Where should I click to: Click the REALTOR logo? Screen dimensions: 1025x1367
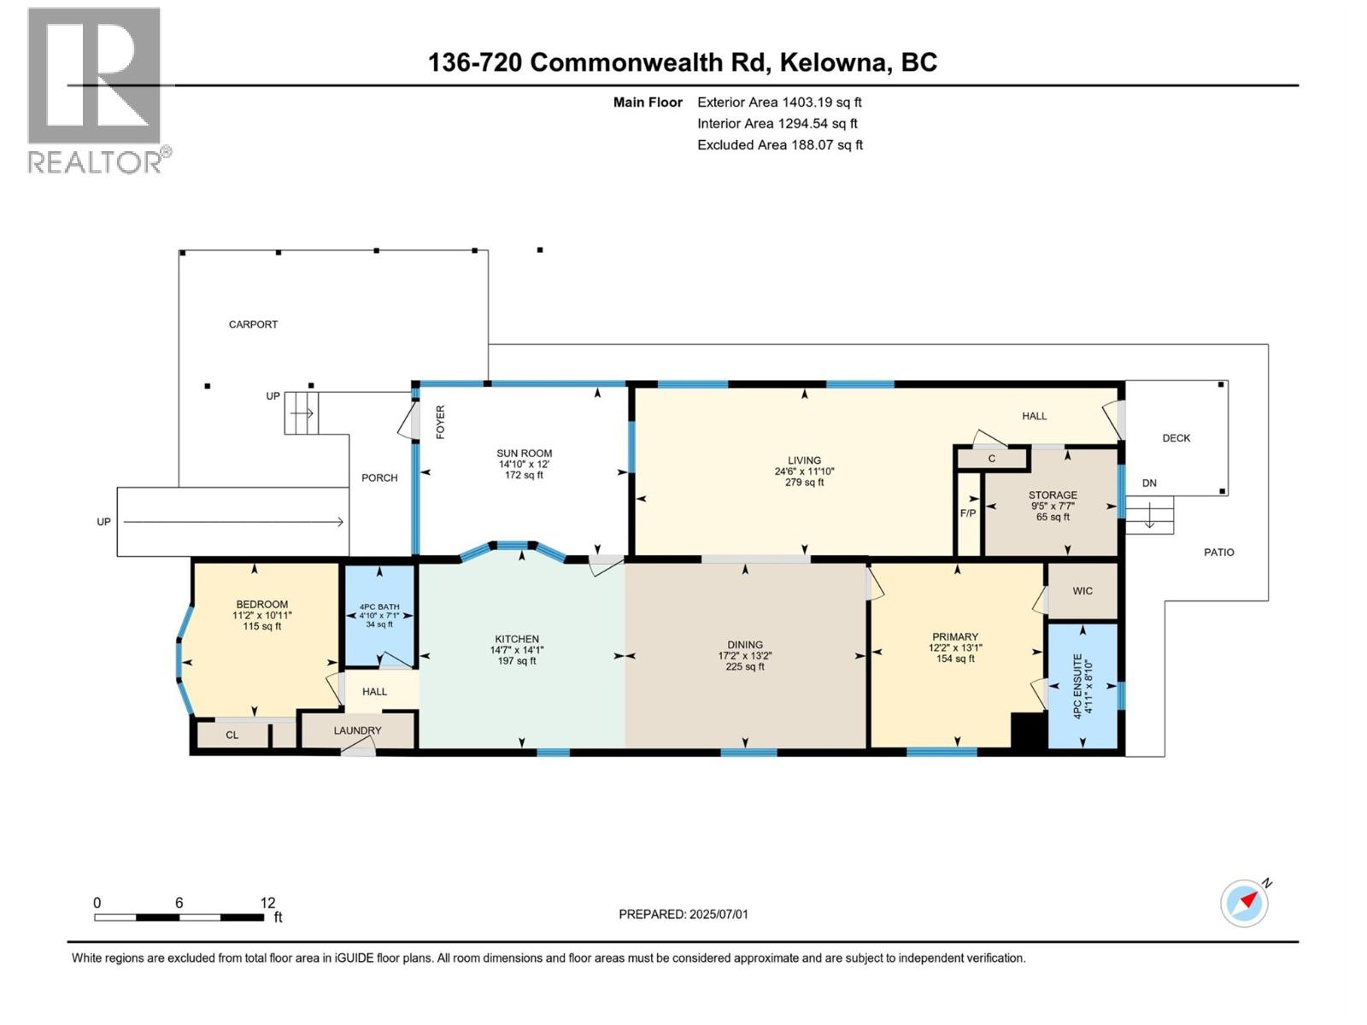click(95, 89)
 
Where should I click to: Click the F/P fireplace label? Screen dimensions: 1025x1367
click(968, 513)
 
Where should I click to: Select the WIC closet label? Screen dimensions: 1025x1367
click(1082, 591)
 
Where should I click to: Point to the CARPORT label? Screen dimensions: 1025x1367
click(253, 325)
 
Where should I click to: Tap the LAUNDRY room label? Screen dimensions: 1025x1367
click(357, 730)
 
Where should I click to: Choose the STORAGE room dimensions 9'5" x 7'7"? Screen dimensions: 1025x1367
click(1053, 506)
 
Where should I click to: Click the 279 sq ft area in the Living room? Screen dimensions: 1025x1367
click(804, 483)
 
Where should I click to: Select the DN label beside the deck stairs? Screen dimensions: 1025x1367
click(1149, 483)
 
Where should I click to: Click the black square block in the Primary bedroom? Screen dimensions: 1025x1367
click(1028, 730)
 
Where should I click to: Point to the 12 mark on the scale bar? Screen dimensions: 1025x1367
click(267, 903)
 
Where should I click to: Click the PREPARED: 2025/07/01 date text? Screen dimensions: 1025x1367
click(683, 914)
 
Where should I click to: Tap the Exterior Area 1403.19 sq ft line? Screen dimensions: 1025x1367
click(779, 102)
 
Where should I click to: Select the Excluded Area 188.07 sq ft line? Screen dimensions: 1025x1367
click(779, 145)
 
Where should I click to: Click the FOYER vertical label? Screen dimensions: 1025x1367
click(441, 422)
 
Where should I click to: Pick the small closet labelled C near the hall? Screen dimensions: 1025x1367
click(992, 459)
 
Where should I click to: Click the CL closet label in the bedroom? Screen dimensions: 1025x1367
click(232, 735)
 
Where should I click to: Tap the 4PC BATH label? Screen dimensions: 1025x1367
click(378, 606)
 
